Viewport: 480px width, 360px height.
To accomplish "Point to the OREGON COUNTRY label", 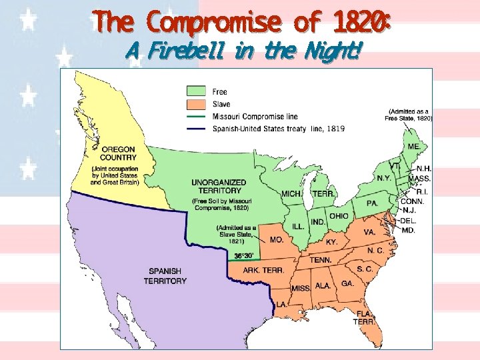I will (114, 153).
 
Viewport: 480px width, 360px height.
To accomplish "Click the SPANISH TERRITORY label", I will (165, 276).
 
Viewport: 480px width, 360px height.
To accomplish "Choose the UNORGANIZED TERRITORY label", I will (219, 187).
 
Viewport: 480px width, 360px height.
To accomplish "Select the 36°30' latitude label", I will (243, 255).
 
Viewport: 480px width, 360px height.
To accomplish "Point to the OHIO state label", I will (338, 216).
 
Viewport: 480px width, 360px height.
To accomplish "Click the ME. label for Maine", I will (413, 146).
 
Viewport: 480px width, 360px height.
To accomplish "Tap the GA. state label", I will (347, 283).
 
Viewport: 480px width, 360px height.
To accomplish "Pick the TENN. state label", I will (320, 260).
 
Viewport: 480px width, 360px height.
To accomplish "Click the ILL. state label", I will (297, 227).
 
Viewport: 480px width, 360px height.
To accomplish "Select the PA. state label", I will (372, 202).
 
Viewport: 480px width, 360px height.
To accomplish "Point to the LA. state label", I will (282, 305).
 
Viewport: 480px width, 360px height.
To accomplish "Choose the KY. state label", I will (331, 241).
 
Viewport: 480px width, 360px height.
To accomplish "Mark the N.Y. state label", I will (384, 178).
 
